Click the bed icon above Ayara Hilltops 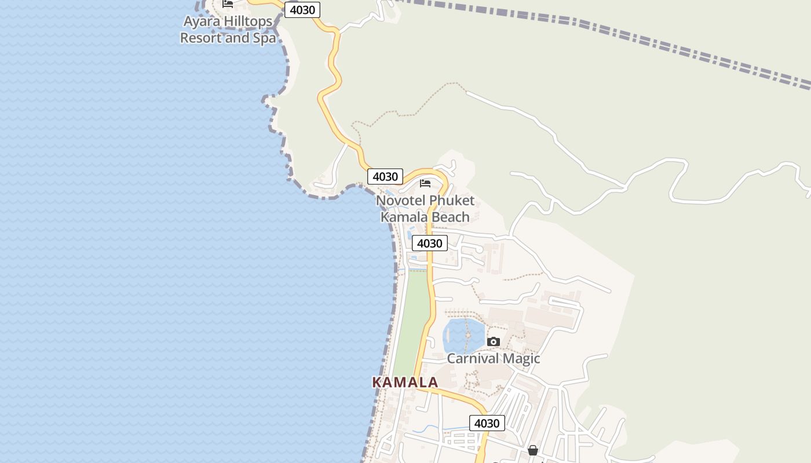228,3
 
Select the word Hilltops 250,21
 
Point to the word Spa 264,38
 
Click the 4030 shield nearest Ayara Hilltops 302,10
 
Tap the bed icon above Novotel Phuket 425,183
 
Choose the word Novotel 400,201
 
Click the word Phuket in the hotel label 452,201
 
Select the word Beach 450,217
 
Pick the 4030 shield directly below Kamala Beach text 429,243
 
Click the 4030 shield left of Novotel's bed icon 385,177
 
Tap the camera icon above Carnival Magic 494,341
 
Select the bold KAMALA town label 405,383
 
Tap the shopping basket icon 533,450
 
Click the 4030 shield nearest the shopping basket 487,423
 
